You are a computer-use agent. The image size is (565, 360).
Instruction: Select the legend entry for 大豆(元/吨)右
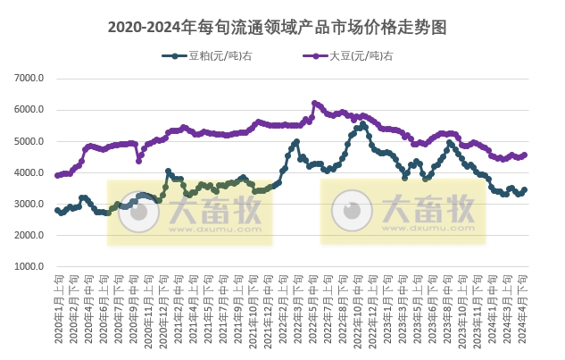(361, 55)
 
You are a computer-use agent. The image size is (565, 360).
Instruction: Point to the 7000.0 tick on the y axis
(29, 79)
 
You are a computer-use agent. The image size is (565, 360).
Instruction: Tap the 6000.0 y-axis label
(29, 110)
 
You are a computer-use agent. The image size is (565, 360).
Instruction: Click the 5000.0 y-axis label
(29, 141)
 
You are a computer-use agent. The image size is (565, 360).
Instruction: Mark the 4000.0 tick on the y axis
(29, 172)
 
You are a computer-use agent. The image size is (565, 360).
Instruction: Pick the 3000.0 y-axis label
(29, 204)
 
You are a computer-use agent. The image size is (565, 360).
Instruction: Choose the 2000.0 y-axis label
(29, 235)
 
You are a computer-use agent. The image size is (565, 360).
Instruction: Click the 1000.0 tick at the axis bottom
(29, 266)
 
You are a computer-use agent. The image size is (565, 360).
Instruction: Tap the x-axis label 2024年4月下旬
(524, 308)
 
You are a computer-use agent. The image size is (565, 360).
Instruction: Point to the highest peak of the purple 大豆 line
(314, 103)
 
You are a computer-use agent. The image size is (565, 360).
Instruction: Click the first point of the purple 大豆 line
(57, 175)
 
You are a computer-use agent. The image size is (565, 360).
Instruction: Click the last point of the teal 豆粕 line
(524, 189)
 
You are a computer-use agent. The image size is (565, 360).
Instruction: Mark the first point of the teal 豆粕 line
(57, 211)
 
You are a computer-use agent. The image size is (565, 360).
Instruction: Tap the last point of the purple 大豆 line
(524, 155)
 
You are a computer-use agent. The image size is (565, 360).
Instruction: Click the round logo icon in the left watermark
(135, 212)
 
